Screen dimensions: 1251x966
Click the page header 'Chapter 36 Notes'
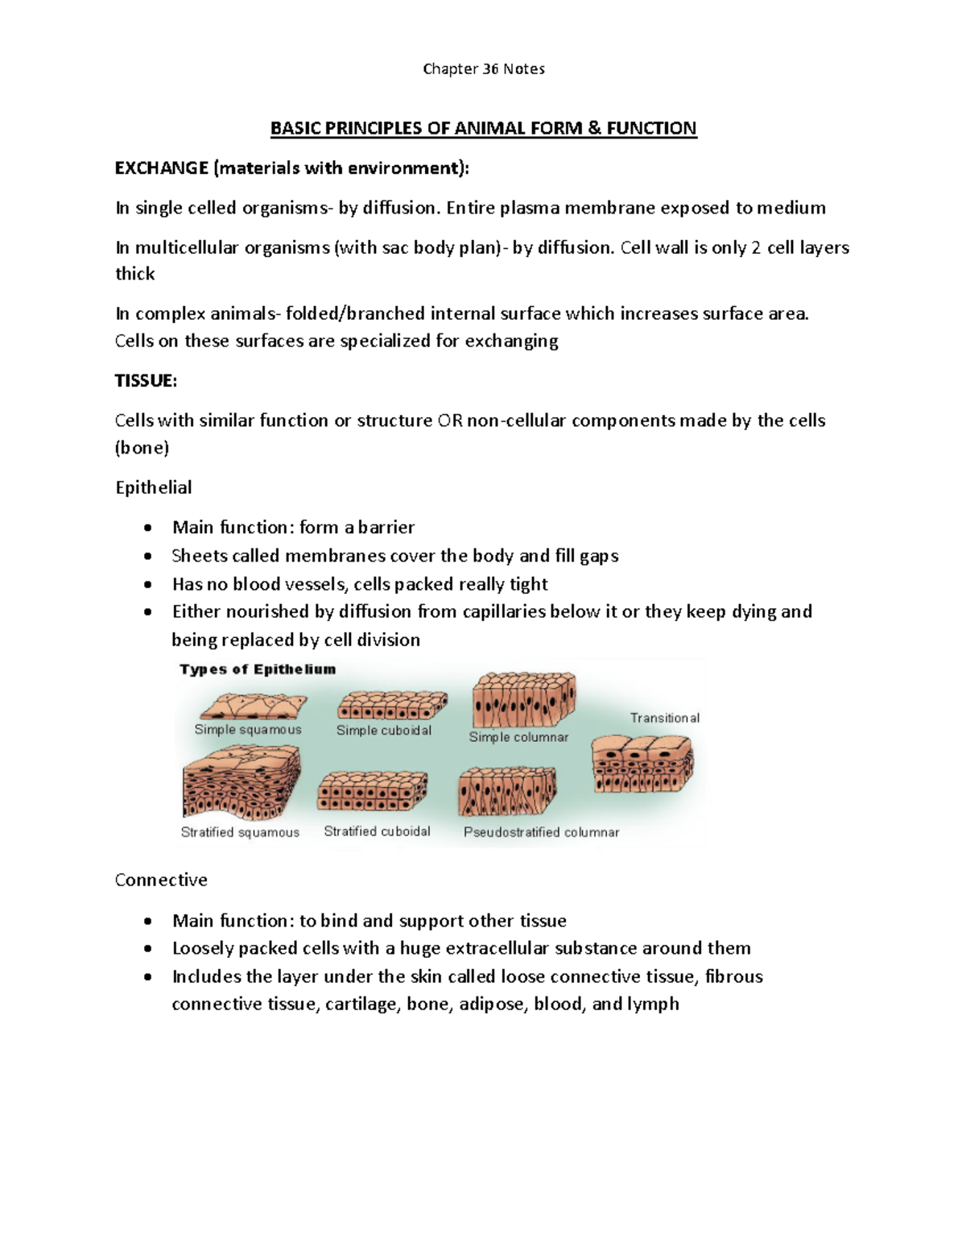[x=483, y=69]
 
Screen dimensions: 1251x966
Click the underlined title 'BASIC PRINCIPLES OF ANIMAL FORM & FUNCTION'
[x=483, y=128]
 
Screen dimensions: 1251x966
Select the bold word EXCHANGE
[x=162, y=168]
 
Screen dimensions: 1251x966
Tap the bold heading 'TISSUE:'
[x=146, y=380]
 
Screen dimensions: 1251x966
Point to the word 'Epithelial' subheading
[x=153, y=487]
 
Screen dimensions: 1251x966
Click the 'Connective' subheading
[x=161, y=880]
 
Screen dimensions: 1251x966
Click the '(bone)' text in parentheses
[x=142, y=448]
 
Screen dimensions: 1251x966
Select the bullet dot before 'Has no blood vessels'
[x=147, y=584]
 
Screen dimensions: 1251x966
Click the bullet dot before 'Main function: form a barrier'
[x=147, y=528]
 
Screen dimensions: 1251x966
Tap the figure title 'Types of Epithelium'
[x=258, y=669]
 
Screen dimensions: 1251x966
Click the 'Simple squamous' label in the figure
[x=248, y=729]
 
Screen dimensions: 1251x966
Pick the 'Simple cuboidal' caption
[x=384, y=730]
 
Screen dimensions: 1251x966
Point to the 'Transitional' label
[x=665, y=718]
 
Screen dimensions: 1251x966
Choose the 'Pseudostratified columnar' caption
[x=542, y=832]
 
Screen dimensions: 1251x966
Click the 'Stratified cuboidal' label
[x=377, y=831]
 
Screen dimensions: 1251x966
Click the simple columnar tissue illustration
[x=524, y=701]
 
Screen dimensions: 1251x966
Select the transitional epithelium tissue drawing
[x=642, y=764]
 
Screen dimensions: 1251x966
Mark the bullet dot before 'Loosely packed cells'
[x=147, y=948]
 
